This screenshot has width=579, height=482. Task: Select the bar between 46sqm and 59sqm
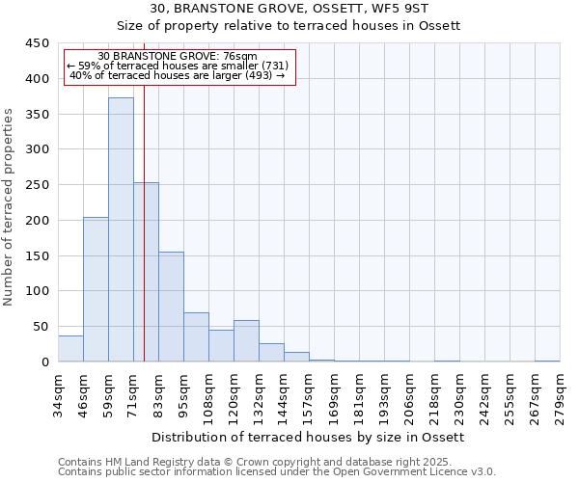pyautogui.click(x=96, y=289)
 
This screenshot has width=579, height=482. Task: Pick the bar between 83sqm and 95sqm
pyautogui.click(x=171, y=307)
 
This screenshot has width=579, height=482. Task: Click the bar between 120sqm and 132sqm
pyautogui.click(x=246, y=341)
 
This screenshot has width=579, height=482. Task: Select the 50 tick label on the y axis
pyautogui.click(x=41, y=327)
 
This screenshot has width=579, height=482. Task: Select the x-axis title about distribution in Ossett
pyautogui.click(x=309, y=438)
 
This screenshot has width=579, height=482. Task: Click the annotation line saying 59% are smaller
pyautogui.click(x=178, y=66)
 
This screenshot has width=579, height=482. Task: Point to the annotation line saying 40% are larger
pyautogui.click(x=178, y=75)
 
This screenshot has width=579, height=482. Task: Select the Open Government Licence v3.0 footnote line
pyautogui.click(x=277, y=471)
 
